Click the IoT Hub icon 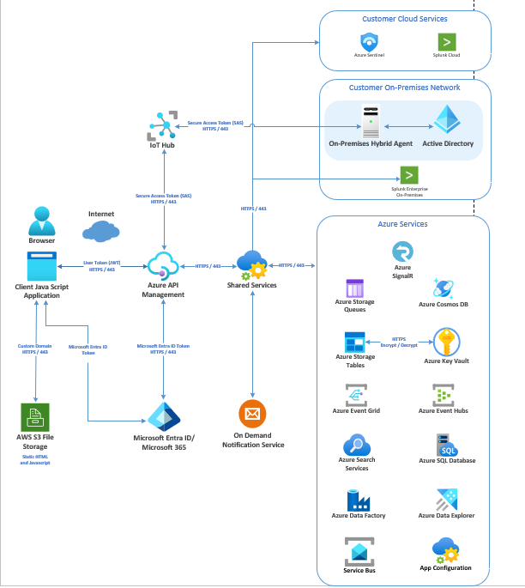(163, 126)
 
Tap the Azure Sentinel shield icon (369, 41)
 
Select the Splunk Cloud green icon (446, 41)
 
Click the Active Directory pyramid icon (447, 121)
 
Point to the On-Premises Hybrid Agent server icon (371, 121)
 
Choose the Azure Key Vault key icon (446, 342)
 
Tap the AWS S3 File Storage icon (36, 417)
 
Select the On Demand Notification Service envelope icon (252, 415)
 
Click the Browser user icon (41, 221)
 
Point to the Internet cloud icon (101, 230)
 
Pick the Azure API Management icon (163, 265)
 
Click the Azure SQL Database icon (447, 446)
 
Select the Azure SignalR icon (402, 251)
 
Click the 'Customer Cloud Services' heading (405, 18)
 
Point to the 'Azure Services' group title (402, 224)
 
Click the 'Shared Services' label (251, 285)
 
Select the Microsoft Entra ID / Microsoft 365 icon (164, 417)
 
